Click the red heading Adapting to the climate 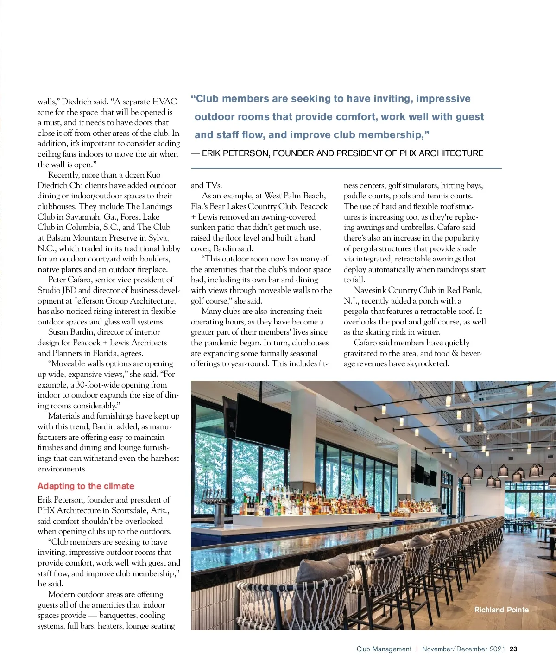[x=86, y=486]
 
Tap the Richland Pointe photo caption [x=501, y=610]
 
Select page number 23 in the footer [x=513, y=649]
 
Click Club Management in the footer [x=384, y=649]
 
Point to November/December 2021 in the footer [x=463, y=649]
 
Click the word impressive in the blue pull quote [x=443, y=99]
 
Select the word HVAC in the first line [x=164, y=102]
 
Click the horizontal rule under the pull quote [x=346, y=168]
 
